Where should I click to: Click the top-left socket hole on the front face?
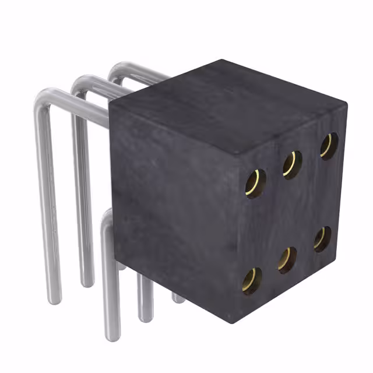tap(255, 183)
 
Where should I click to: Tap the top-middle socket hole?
tap(292, 164)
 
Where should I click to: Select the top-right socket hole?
tap(328, 146)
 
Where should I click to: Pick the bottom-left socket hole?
tap(252, 281)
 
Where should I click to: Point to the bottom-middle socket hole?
tap(286, 260)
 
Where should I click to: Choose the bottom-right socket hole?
tap(322, 239)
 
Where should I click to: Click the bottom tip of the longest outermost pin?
tap(54, 300)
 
